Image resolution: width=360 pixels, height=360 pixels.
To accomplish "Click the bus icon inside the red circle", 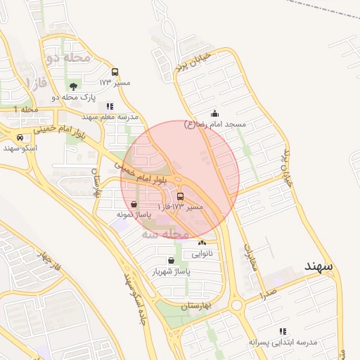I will pyautogui.click(x=181, y=196).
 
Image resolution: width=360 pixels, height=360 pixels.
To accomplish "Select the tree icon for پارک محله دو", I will pyautogui.click(x=74, y=86).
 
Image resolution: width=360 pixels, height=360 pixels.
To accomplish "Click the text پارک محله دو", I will pyautogui.click(x=74, y=97).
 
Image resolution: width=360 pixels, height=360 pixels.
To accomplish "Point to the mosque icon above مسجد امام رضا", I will pyautogui.click(x=214, y=113).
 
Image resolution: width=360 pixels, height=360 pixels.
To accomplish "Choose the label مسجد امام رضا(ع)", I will pyautogui.click(x=214, y=124).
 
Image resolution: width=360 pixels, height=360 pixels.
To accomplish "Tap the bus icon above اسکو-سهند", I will pyautogui.click(x=20, y=137).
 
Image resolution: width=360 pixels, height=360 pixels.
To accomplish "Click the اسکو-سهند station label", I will pyautogui.click(x=20, y=148).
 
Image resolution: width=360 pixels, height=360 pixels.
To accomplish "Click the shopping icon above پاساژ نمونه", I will pyautogui.click(x=134, y=203).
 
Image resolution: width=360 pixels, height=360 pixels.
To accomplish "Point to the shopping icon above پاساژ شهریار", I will pyautogui.click(x=171, y=260).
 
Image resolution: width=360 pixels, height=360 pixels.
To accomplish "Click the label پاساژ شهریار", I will pyautogui.click(x=171, y=271).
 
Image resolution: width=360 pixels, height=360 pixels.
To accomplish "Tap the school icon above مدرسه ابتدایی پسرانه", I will pyautogui.click(x=283, y=331).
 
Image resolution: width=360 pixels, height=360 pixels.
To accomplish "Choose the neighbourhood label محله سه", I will pyautogui.click(x=166, y=233).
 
